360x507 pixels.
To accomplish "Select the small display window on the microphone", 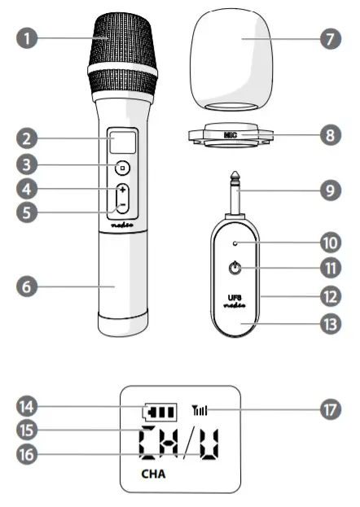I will [x=122, y=143].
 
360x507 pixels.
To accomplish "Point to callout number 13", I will [x=330, y=323].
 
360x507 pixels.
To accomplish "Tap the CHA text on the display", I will [x=154, y=471].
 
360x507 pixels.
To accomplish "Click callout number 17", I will [x=330, y=409].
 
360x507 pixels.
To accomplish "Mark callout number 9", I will [x=330, y=191].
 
